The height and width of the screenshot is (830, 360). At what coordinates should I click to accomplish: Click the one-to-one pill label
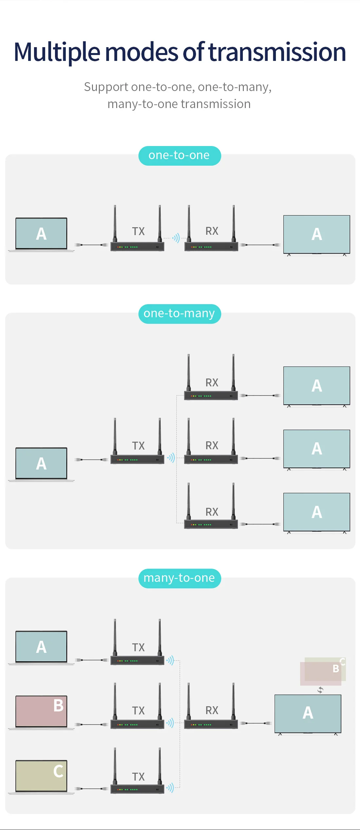(x=179, y=156)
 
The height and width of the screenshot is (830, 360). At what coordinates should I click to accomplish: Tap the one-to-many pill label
(x=179, y=314)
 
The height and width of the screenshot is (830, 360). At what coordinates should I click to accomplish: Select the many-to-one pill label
(x=179, y=578)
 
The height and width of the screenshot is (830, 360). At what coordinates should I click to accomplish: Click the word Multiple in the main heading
(x=57, y=52)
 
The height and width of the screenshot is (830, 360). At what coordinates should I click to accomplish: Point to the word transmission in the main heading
(x=277, y=52)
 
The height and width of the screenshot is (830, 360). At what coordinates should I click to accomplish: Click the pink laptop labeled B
(x=41, y=711)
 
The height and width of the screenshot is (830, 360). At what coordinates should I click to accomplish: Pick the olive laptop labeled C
(x=41, y=776)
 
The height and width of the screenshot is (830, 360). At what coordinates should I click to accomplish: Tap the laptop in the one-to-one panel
(x=41, y=233)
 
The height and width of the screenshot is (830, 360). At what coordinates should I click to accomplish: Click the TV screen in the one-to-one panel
(x=316, y=234)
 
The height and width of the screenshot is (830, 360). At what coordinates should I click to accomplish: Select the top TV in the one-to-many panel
(x=316, y=386)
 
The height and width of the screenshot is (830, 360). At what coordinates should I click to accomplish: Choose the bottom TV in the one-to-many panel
(x=316, y=512)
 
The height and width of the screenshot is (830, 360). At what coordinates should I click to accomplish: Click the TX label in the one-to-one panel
(x=138, y=231)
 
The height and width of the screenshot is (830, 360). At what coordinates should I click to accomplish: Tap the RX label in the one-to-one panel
(x=212, y=231)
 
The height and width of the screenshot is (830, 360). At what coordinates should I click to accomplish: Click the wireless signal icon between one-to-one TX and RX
(x=176, y=238)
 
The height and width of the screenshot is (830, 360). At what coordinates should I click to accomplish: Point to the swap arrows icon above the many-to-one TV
(x=320, y=690)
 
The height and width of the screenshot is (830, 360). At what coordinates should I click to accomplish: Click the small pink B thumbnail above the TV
(x=321, y=673)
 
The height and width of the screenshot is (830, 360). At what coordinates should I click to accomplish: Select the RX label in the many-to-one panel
(x=212, y=710)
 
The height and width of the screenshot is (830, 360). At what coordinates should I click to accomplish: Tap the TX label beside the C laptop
(x=138, y=777)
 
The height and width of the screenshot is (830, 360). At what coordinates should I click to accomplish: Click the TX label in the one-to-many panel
(x=138, y=446)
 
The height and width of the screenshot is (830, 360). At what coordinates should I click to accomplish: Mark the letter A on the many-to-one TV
(x=308, y=713)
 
